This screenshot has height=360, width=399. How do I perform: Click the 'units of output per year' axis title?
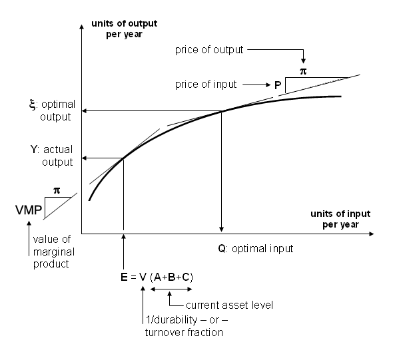(x=124, y=29)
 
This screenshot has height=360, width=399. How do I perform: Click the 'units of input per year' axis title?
(x=340, y=219)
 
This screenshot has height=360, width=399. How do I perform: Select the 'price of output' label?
(x=209, y=50)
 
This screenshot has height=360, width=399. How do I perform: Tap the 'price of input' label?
(x=206, y=84)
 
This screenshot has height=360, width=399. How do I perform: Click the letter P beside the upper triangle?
(x=278, y=85)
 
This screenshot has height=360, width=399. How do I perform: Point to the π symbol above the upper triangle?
(x=303, y=71)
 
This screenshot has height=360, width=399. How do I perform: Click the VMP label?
(x=29, y=210)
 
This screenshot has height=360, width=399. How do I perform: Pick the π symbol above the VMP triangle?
(x=57, y=190)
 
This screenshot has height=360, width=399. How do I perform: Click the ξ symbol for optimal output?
(x=33, y=104)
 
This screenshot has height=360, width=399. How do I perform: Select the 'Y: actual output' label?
(x=52, y=156)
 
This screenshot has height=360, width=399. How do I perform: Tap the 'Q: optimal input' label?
(x=256, y=249)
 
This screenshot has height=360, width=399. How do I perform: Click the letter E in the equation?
(x=124, y=277)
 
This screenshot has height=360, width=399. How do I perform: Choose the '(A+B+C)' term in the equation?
(x=171, y=277)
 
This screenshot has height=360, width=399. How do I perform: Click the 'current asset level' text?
(x=230, y=305)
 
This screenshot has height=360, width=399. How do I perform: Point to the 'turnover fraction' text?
(x=184, y=332)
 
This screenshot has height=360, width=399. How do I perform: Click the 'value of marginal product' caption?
(x=54, y=252)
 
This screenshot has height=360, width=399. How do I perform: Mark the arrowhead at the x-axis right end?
(x=371, y=234)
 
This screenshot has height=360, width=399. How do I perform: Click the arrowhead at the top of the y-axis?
(x=82, y=27)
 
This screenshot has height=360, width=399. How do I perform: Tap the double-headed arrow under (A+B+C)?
(x=171, y=289)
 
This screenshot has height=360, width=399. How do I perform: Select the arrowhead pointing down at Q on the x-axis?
(x=221, y=229)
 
